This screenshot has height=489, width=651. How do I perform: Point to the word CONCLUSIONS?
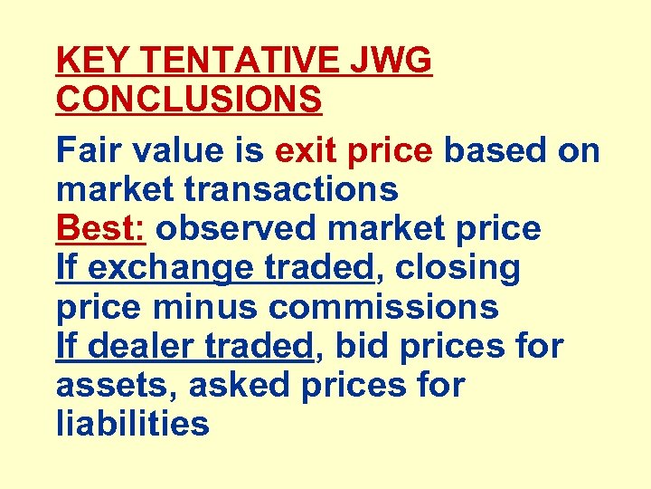[x=189, y=101]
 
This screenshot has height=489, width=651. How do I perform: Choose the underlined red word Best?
[x=101, y=228]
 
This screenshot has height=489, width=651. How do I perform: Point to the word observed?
[x=238, y=228]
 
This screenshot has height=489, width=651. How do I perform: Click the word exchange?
[x=172, y=268]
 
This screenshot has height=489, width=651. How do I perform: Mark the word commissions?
[x=383, y=307]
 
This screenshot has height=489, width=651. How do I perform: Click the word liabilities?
[x=132, y=424]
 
